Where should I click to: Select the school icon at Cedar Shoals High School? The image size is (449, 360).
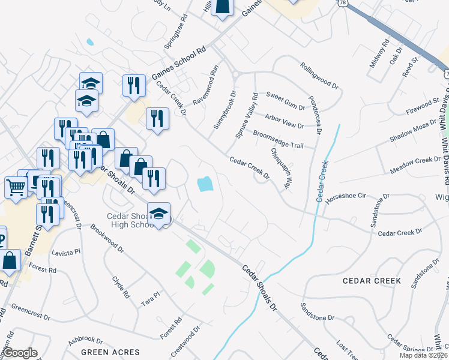pos(159,214)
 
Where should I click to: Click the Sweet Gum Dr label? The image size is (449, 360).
pos(285,96)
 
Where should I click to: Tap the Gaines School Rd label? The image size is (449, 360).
pos(178,62)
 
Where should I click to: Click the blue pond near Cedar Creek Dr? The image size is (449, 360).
pos(205,183)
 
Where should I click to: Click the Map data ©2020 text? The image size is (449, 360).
pos(425,355)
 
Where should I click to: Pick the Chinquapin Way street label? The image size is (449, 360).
pos(280,169)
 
